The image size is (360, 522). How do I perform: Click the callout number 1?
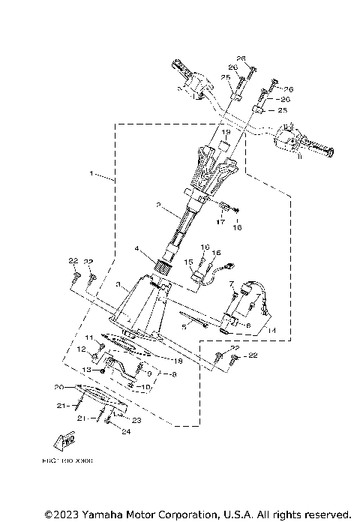coord(92,174)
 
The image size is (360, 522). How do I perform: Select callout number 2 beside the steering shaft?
coord(159,205)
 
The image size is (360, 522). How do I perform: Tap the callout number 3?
coord(118,285)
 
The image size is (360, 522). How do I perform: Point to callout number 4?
coord(136,248)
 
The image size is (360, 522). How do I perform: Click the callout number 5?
coord(184,327)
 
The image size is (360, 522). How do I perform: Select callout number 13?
coord(85,370)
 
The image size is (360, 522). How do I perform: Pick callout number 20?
coord(58,388)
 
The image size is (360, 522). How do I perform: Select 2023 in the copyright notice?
coord(61,514)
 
